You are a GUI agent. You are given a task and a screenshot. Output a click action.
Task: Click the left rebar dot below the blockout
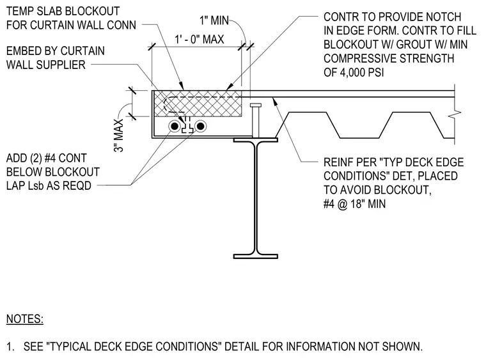point(175,126)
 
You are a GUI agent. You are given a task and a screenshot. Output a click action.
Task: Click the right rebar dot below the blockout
point(201,126)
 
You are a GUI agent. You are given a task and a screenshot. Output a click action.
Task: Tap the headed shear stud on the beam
point(256,120)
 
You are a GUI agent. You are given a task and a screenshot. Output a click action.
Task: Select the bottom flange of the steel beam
point(256,256)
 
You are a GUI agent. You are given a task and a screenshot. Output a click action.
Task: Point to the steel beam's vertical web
point(256,198)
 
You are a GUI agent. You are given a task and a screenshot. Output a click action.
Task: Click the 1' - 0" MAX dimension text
point(200,40)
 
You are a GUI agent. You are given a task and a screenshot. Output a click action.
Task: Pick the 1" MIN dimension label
point(214,20)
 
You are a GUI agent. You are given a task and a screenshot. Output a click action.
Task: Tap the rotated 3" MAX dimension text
point(119,135)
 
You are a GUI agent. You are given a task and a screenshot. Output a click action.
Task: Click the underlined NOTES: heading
point(25,319)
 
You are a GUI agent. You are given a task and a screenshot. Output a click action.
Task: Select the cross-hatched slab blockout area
point(198,104)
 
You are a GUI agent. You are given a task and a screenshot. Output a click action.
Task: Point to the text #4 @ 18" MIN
point(354,204)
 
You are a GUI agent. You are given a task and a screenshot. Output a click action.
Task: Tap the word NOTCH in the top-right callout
point(444,17)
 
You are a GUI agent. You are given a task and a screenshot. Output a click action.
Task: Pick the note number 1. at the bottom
point(10,347)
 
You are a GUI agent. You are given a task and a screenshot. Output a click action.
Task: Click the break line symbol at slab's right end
point(455,114)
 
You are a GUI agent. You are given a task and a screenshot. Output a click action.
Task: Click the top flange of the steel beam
point(256,140)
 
